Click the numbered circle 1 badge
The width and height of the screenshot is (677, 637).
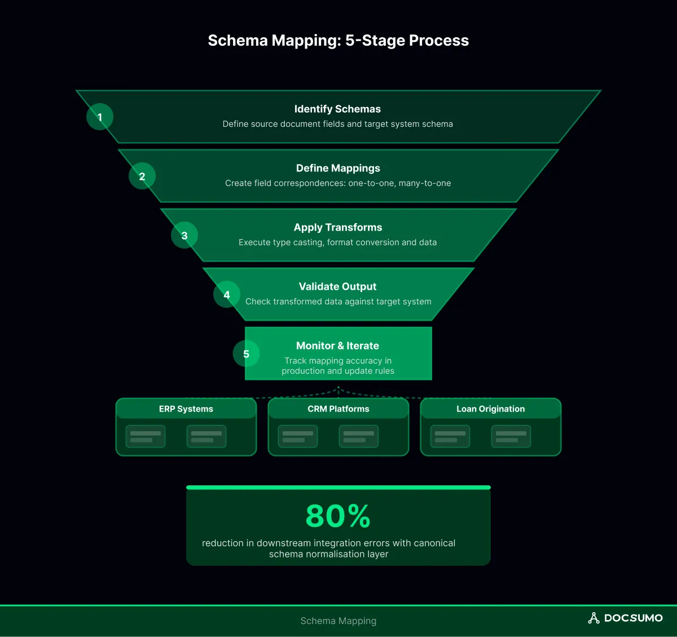pos(100,117)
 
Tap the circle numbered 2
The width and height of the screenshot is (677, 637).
pos(142,176)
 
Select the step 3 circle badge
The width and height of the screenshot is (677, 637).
pos(184,236)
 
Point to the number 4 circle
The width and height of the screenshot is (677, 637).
pos(227,295)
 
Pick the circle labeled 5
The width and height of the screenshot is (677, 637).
pos(246,354)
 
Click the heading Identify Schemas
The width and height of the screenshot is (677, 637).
pos(337,109)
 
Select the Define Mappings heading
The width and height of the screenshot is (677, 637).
pos(338,168)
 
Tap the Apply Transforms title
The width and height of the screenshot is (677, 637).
pos(338,227)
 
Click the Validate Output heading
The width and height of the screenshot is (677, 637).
pos(337,286)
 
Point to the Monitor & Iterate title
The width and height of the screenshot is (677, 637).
pos(337,346)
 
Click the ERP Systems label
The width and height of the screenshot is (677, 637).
pos(186,409)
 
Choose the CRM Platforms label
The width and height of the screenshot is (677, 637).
pos(338,409)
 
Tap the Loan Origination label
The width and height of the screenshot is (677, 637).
pos(491,409)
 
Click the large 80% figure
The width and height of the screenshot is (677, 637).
pos(338,516)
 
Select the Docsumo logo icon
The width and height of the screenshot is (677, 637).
pos(594,618)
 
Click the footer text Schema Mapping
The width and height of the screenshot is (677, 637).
pos(338,621)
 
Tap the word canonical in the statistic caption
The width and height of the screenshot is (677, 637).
pos(434,543)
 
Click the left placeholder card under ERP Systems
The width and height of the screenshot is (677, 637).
pos(146,436)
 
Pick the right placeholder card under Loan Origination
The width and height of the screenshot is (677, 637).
pos(511,436)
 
